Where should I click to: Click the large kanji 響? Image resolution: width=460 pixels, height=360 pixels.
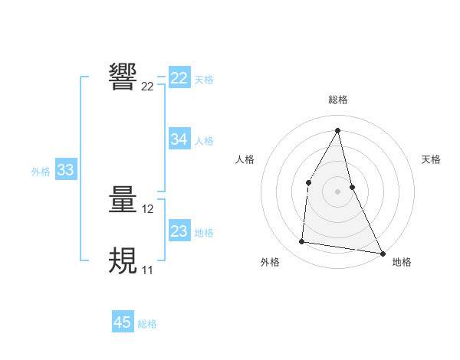pos(123,77)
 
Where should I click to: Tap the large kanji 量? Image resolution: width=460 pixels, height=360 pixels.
pos(123,200)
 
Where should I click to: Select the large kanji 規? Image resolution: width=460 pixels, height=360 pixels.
pos(123,261)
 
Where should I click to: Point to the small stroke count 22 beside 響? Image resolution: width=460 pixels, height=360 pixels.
pos(147,87)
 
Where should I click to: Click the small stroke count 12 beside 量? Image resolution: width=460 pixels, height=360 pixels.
pos(148,209)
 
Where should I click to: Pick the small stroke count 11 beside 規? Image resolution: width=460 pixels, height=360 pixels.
pos(147,270)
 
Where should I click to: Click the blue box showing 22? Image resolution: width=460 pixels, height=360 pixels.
pos(179,78)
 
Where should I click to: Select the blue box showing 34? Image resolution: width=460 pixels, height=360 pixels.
pos(179,139)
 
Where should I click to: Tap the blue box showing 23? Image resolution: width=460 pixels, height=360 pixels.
pos(179,231)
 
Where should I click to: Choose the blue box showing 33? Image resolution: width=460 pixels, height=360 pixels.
pos(65,170)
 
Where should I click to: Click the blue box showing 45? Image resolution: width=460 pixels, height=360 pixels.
pos(123,322)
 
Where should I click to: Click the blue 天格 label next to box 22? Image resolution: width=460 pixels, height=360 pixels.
pos(204,79)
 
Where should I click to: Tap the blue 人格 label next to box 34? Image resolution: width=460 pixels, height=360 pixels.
pos(204,141)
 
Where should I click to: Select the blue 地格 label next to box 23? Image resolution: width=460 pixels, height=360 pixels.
pos(204,233)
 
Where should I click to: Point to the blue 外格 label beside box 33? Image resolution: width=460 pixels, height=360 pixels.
pos(41,172)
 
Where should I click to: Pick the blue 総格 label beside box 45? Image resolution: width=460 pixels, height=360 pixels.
pos(147,324)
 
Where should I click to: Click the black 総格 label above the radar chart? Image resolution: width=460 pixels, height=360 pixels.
pos(338,100)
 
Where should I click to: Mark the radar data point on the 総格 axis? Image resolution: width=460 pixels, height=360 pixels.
pos(338,130)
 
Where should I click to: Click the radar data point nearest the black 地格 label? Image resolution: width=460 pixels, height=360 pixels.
pos(382,253)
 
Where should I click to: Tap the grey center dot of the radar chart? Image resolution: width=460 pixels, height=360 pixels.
pos(337,191)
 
